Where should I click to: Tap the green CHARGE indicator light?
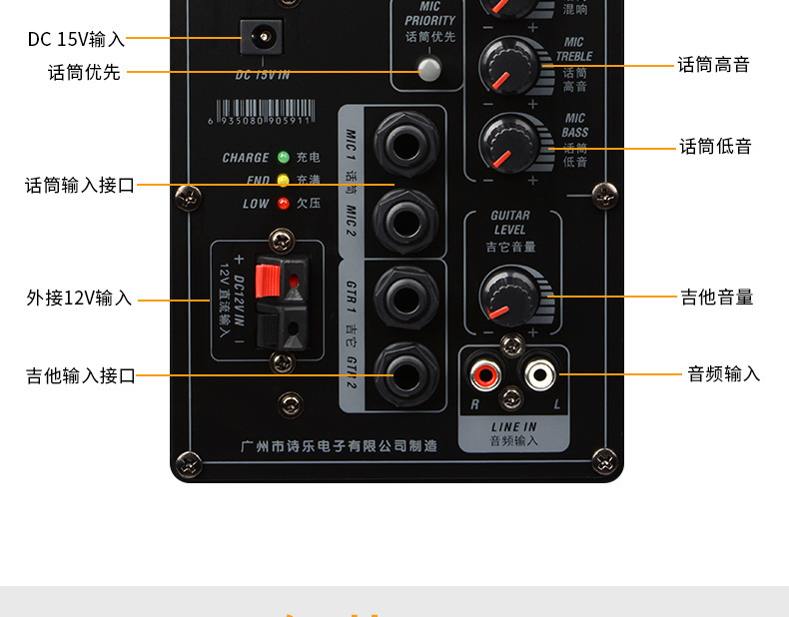click(284, 157)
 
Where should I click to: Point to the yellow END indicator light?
click(284, 181)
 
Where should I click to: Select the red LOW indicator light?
click(284, 204)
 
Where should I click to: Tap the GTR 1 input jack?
click(405, 297)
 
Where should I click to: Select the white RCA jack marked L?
click(540, 375)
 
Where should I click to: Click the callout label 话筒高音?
click(713, 65)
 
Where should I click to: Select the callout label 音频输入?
click(724, 374)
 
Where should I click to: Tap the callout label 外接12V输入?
click(79, 299)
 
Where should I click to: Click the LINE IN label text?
click(512, 427)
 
